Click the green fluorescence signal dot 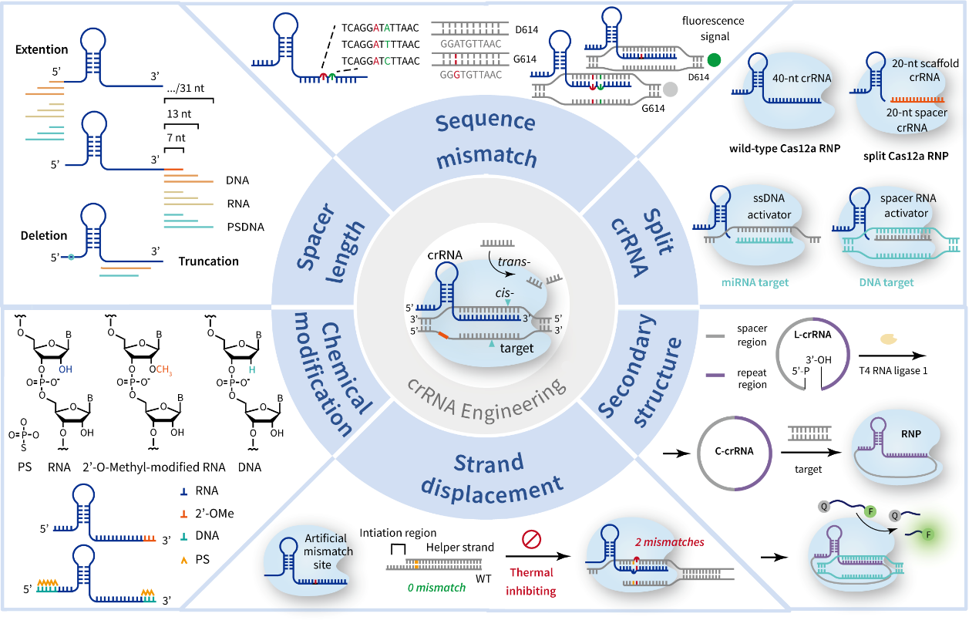(714, 60)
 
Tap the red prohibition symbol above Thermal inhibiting (531, 540)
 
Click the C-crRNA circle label (734, 451)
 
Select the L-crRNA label (812, 335)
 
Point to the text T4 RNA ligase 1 (893, 371)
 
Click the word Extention (42, 49)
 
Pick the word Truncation (208, 261)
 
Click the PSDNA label (246, 227)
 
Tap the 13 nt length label (179, 114)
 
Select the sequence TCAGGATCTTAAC (380, 61)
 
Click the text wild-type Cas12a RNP (785, 149)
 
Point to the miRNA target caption (755, 282)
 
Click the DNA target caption (886, 282)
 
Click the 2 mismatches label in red (670, 542)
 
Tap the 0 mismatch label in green (436, 588)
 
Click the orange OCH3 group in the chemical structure (160, 370)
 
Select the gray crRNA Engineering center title (486, 402)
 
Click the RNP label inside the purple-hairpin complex (911, 434)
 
